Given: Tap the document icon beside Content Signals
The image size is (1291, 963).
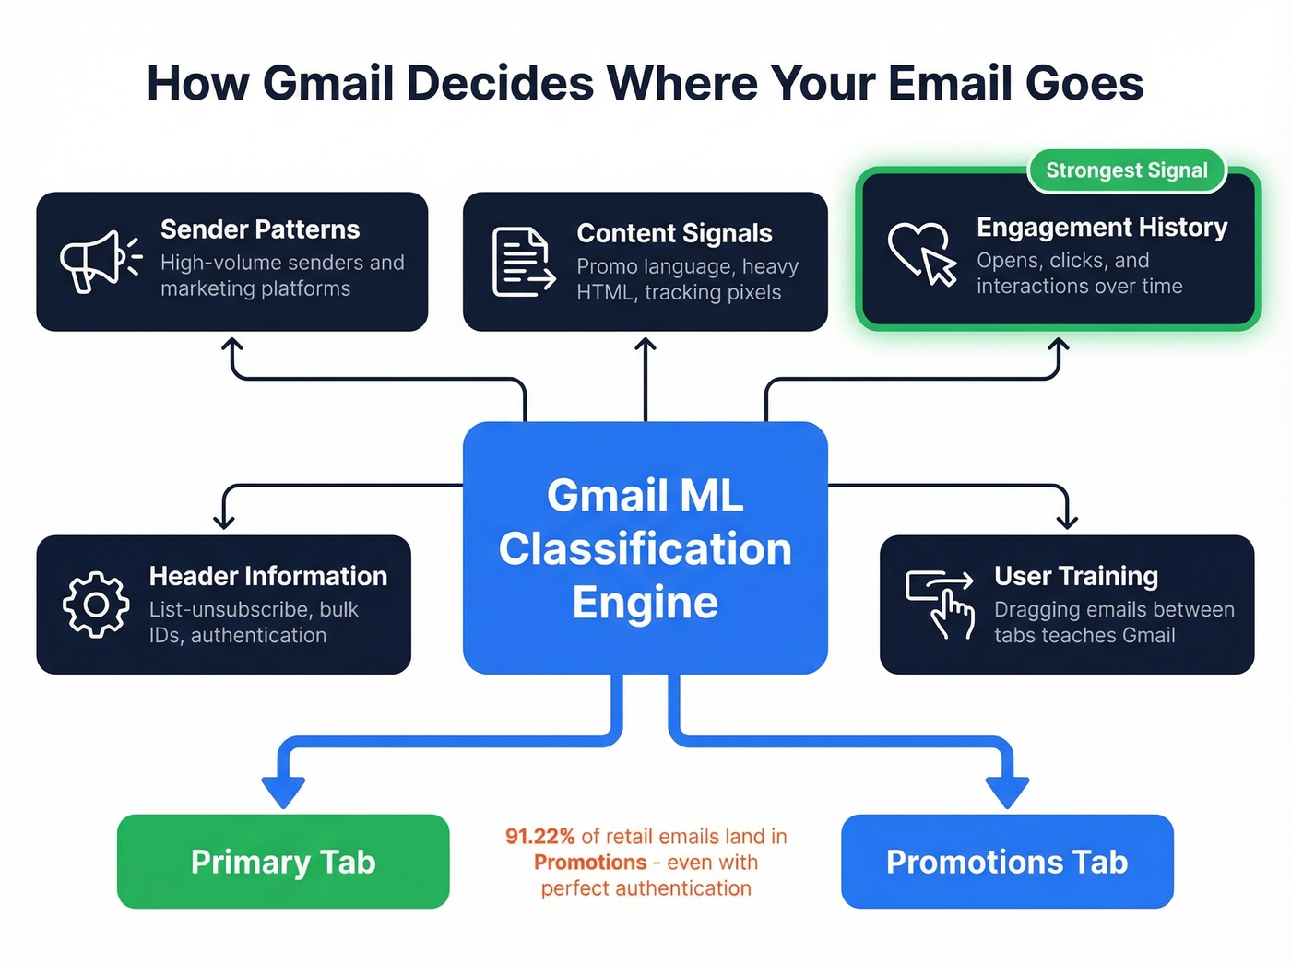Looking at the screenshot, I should pyautogui.click(x=523, y=263).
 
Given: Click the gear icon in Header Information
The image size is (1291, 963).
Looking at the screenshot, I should pyautogui.click(x=96, y=605).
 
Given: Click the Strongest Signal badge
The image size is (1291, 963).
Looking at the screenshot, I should pyautogui.click(x=1126, y=170).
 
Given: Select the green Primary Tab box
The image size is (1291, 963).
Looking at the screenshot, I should pyautogui.click(x=283, y=862).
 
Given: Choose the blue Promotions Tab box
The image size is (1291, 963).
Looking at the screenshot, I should pyautogui.click(x=1007, y=862).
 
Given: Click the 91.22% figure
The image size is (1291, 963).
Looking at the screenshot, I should pyautogui.click(x=539, y=837).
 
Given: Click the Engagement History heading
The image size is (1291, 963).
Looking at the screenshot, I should pyautogui.click(x=1102, y=227).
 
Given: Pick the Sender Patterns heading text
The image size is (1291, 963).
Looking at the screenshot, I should pyautogui.click(x=260, y=229).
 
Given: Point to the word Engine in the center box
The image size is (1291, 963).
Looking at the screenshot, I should pyautogui.click(x=645, y=603).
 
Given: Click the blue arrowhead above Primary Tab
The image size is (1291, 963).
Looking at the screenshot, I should pyautogui.click(x=283, y=791).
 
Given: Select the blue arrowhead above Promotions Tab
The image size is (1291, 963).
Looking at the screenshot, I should pyautogui.click(x=1007, y=791).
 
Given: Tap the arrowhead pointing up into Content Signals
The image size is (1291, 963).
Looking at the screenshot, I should pyautogui.click(x=645, y=346).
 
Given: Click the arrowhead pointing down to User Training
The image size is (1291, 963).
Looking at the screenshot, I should pyautogui.click(x=1067, y=522).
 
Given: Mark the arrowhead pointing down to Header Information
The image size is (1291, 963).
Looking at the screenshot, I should pyautogui.click(x=224, y=522).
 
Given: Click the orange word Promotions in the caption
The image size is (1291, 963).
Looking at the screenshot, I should pyautogui.click(x=590, y=863).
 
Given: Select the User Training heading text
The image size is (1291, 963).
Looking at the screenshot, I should pyautogui.click(x=1076, y=576).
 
